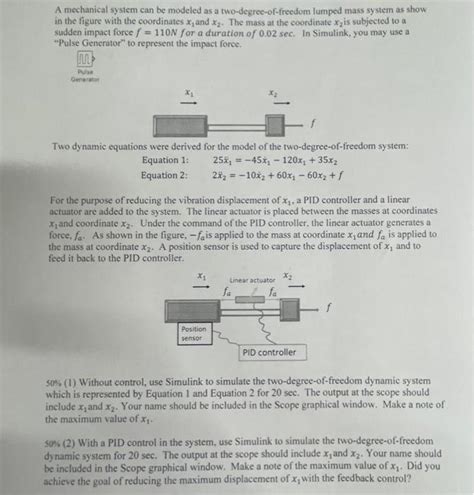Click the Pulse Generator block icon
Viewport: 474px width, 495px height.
pyautogui.click(x=85, y=63)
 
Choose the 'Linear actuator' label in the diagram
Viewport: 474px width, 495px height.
pyautogui.click(x=252, y=280)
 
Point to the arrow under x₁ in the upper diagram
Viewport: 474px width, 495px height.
pyautogui.click(x=188, y=101)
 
